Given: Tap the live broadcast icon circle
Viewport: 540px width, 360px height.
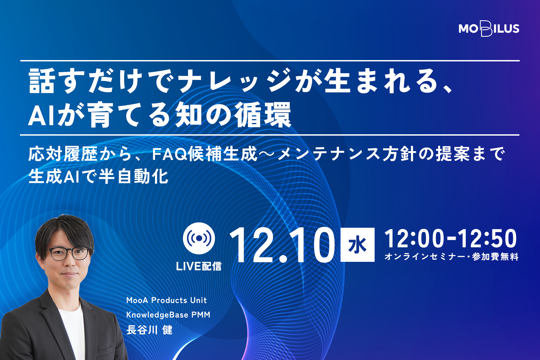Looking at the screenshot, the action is pos(199,238).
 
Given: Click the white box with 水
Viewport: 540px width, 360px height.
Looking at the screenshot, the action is pos(357,245).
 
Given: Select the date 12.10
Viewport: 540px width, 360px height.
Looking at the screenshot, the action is pos(282,245).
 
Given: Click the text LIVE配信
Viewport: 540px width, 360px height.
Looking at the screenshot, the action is pos(199,266).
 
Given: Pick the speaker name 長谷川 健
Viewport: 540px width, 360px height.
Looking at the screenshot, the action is pos(150,330).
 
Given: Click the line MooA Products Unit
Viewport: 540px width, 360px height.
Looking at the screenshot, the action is pos(167,300).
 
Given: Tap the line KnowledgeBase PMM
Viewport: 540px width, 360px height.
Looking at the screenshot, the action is pos(168,315).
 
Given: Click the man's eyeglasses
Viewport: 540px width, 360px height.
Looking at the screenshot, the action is pos(69,253).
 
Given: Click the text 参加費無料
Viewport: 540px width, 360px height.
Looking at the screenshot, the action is pos(495,257).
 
